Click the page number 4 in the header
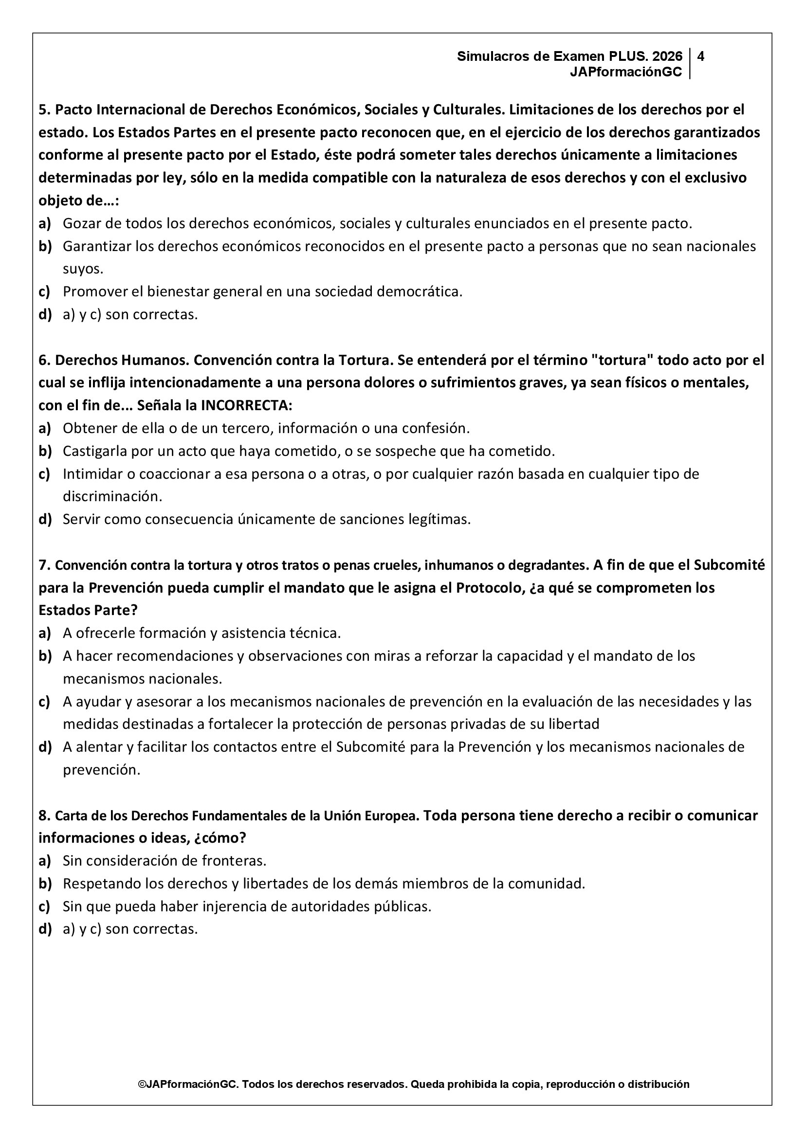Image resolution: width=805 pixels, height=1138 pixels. pos(700,56)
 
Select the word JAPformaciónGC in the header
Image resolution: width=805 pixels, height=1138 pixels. pos(626,72)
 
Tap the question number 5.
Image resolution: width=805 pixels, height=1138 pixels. pos(43,109)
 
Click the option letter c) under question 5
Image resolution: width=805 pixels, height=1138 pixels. pos(45,291)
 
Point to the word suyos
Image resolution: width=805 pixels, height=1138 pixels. pos(83,269)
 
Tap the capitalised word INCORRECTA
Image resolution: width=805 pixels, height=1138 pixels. pos(246,405)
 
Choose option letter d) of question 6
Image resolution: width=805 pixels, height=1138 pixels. pos(45,520)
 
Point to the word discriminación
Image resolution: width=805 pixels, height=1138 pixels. pos(112,496)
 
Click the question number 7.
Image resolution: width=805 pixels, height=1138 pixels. pos(43,565)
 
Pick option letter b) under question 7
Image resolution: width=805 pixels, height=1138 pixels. pos(45,656)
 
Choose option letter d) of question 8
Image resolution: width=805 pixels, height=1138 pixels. pos(45,929)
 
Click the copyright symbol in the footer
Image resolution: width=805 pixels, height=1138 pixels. pos(141,1084)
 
